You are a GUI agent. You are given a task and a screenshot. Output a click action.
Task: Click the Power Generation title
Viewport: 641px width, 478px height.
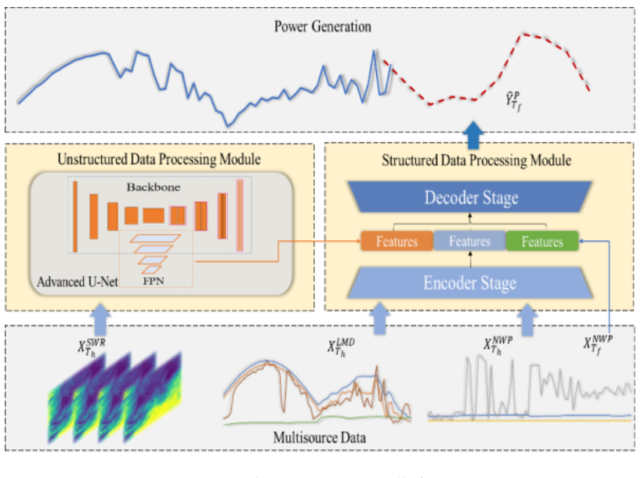(x=322, y=27)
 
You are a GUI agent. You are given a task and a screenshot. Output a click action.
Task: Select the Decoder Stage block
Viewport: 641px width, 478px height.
(x=471, y=198)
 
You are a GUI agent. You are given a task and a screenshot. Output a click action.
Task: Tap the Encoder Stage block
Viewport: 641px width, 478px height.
(x=470, y=282)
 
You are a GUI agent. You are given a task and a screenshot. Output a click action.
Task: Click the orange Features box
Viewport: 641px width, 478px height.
(x=397, y=242)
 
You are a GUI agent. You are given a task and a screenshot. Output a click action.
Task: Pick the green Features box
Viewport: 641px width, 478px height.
(x=541, y=242)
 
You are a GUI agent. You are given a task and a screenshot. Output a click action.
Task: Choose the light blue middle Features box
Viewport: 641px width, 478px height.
(x=469, y=242)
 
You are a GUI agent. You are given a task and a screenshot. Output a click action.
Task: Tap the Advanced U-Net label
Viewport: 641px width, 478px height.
(x=77, y=280)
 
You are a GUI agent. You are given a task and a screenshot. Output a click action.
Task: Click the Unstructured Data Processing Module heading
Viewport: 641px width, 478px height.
(x=159, y=160)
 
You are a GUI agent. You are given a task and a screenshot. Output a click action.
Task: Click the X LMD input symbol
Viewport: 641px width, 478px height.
(x=339, y=347)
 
